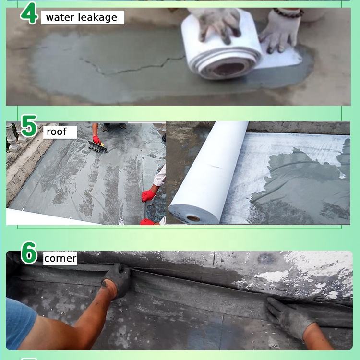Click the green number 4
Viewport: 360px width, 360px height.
pyautogui.click(x=29, y=13)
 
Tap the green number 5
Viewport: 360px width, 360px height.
pyautogui.click(x=29, y=126)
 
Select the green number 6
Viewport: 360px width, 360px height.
pyautogui.click(x=29, y=252)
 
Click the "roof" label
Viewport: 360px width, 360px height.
pyautogui.click(x=57, y=132)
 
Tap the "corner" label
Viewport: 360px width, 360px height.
pyautogui.click(x=60, y=259)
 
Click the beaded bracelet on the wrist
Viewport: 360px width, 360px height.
pyautogui.click(x=288, y=12)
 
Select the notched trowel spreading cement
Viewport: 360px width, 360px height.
pyautogui.click(x=97, y=146)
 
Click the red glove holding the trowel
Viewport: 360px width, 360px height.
pyautogui.click(x=96, y=140)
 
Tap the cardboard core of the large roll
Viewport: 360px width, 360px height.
pyautogui.click(x=193, y=218)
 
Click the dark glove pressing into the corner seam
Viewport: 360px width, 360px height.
pyautogui.click(x=117, y=280)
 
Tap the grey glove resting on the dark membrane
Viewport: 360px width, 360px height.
pyautogui.click(x=290, y=317)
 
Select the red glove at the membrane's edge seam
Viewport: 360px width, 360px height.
pyautogui.click(x=148, y=196)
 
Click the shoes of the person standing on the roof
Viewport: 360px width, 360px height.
pyautogui.click(x=114, y=127)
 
